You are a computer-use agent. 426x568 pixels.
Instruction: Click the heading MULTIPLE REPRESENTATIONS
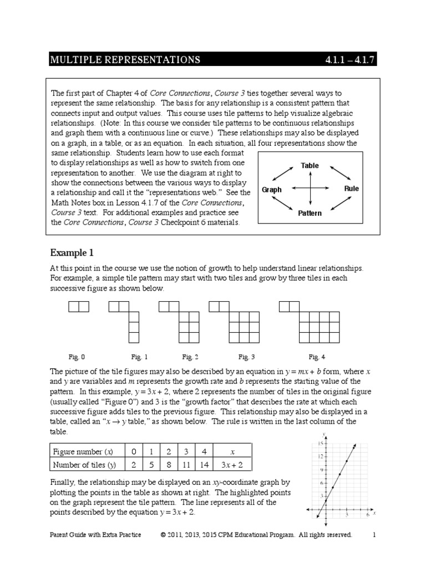click(125, 60)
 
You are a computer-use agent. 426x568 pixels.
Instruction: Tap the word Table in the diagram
click(310, 166)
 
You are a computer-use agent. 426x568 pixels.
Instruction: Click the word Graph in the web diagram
click(272, 189)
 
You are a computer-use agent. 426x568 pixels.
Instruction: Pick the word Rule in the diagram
click(351, 189)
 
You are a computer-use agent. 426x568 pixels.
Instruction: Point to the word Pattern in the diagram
click(310, 212)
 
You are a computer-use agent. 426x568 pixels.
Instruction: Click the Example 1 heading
click(72, 253)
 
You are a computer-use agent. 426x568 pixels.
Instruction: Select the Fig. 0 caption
click(77, 357)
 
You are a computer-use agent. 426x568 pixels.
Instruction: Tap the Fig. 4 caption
click(317, 357)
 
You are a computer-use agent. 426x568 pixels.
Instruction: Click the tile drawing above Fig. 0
click(78, 306)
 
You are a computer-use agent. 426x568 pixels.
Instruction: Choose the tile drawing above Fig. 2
click(179, 322)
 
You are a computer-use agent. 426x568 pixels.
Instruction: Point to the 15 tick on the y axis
click(320, 443)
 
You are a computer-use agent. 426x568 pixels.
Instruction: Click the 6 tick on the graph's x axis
click(368, 515)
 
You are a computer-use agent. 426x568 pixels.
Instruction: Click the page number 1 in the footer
click(374, 535)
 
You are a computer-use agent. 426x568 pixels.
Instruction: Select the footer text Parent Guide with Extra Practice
click(95, 535)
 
